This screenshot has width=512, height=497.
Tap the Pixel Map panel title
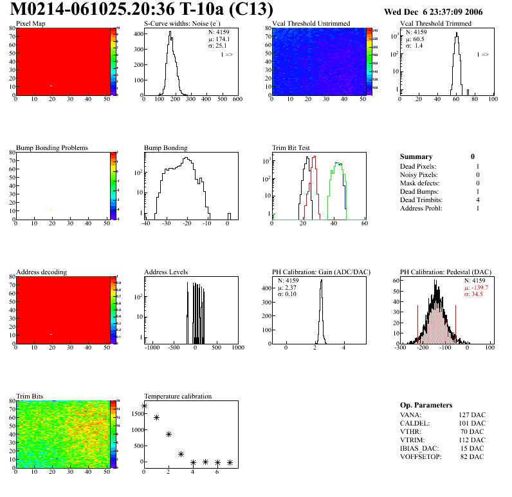31,24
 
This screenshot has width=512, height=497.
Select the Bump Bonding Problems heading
51,148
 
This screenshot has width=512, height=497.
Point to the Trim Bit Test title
291,148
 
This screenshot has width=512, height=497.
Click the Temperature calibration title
178,396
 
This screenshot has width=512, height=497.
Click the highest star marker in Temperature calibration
144,406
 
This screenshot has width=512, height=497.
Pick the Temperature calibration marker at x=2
169,435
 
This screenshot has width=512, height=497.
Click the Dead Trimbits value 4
477,200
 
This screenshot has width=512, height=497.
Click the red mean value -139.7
478,287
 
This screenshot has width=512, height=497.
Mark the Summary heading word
416,156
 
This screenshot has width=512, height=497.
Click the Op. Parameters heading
426,405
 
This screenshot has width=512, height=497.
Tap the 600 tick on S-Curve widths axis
237,100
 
